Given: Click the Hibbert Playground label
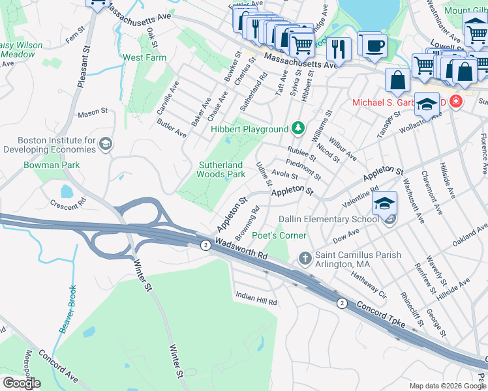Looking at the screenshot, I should pyautogui.click(x=249, y=130).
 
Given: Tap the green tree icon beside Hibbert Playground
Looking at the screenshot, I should pyautogui.click(x=298, y=128).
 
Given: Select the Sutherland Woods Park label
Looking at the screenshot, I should pyautogui.click(x=221, y=169).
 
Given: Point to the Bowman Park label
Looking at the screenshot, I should pyautogui.click(x=52, y=165).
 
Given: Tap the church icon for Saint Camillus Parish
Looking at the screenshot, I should pyautogui.click(x=305, y=259).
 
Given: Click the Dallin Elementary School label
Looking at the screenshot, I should pyautogui.click(x=328, y=220).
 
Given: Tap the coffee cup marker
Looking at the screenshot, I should pyautogui.click(x=374, y=46).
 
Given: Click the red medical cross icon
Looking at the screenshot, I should pyautogui.click(x=455, y=102).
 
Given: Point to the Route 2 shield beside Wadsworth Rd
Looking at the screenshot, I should pyautogui.click(x=206, y=244).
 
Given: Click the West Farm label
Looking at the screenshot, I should pyautogui.click(x=145, y=57).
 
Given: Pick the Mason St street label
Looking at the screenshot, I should pyautogui.click(x=92, y=113).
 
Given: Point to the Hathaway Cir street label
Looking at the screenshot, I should pyautogui.click(x=369, y=285).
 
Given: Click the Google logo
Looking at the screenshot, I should pyautogui.click(x=22, y=383).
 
